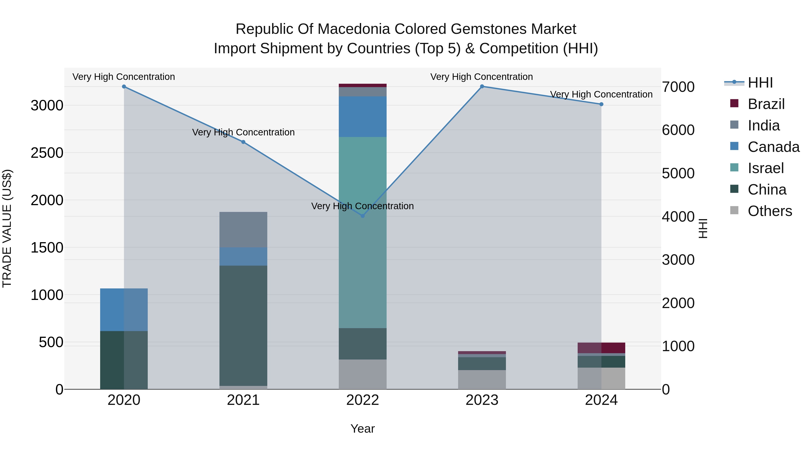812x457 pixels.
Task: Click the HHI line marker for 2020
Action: [x=124, y=86]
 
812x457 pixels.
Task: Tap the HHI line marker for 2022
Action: [x=362, y=216]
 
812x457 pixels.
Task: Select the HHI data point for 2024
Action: [x=601, y=104]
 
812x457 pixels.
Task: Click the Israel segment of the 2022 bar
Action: [x=362, y=232]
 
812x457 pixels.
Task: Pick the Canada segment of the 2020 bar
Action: [x=124, y=310]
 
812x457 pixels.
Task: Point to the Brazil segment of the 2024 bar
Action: [x=601, y=348]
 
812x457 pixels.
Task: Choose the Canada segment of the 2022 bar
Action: [x=362, y=117]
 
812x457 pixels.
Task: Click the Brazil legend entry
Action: [x=766, y=104]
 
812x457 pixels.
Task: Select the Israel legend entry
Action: [x=765, y=168]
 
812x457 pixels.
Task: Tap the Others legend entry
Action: [x=769, y=211]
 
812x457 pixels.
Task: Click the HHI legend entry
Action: [x=760, y=83]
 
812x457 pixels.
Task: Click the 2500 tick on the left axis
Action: [x=47, y=153]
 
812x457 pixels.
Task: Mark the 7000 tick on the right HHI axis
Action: [x=678, y=87]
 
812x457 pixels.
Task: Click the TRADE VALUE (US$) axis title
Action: [x=7, y=228]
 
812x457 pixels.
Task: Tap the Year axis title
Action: [x=362, y=429]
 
